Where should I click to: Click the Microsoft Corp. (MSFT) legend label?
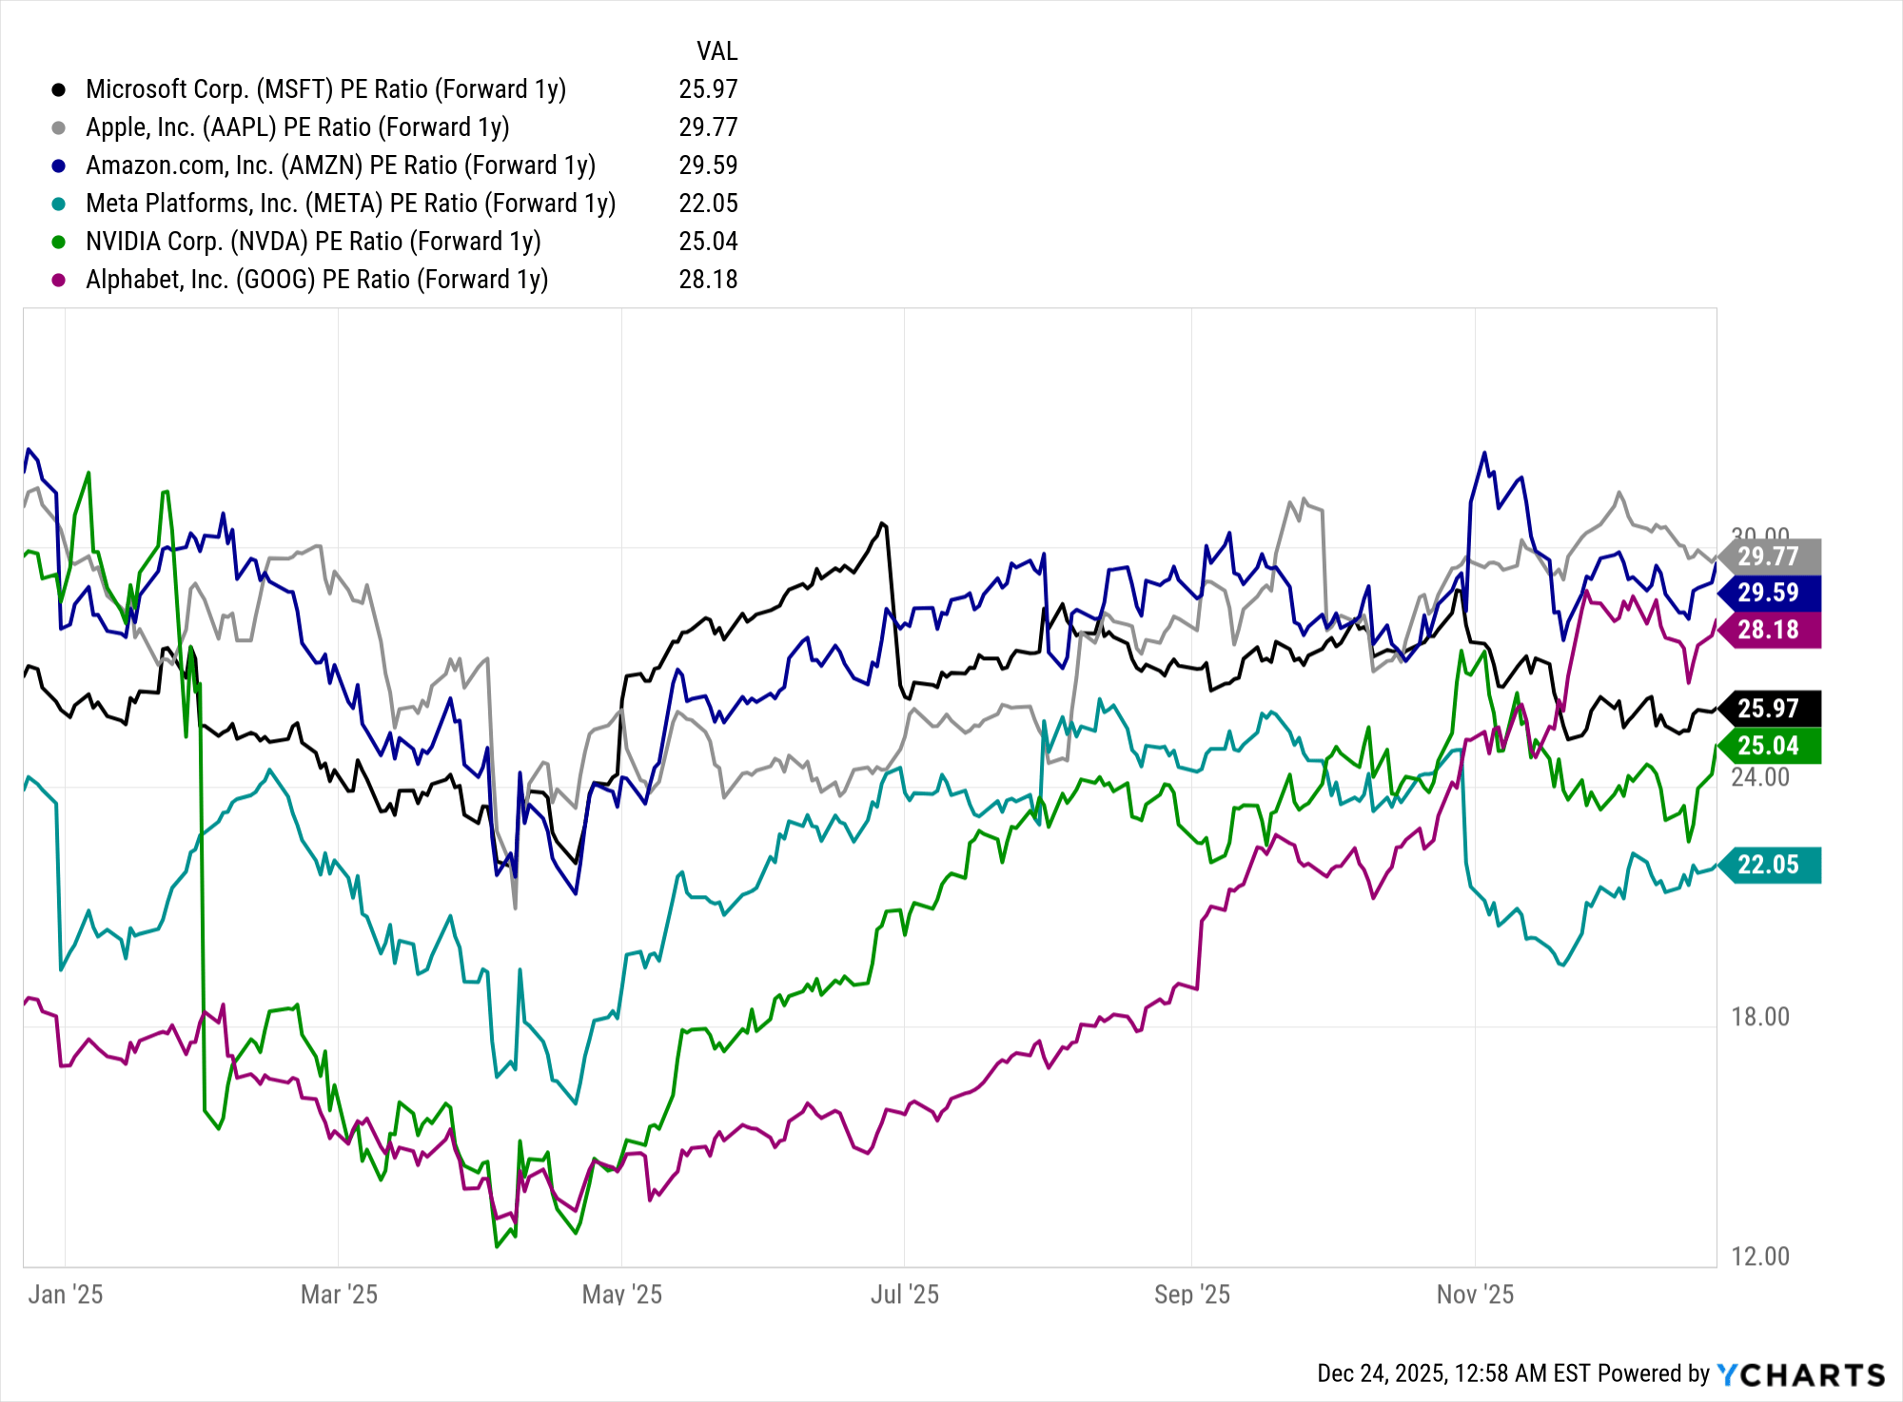click(x=325, y=89)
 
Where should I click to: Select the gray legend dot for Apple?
click(x=59, y=127)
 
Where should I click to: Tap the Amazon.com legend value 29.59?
click(x=708, y=166)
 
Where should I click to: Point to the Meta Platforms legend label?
click(x=350, y=204)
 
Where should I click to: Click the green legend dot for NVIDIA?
click(x=59, y=242)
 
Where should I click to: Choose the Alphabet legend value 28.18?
click(x=708, y=280)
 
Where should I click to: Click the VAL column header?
click(x=716, y=51)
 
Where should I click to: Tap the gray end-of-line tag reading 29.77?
click(x=1770, y=556)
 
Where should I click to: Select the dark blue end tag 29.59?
click(x=1770, y=593)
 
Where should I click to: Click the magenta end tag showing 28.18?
click(x=1770, y=630)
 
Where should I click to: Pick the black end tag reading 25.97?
click(x=1770, y=709)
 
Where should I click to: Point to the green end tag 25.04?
click(x=1770, y=746)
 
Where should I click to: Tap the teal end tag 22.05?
click(x=1770, y=865)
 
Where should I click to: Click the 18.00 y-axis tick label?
click(x=1759, y=1017)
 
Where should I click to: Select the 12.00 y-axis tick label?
click(x=1759, y=1256)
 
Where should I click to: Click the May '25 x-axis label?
click(x=621, y=1295)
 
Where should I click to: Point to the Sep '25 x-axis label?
click(x=1191, y=1295)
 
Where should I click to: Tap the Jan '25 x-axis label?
click(x=65, y=1295)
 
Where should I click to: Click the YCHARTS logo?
click(x=1800, y=1374)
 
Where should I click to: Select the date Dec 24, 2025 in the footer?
click(x=1382, y=1374)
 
